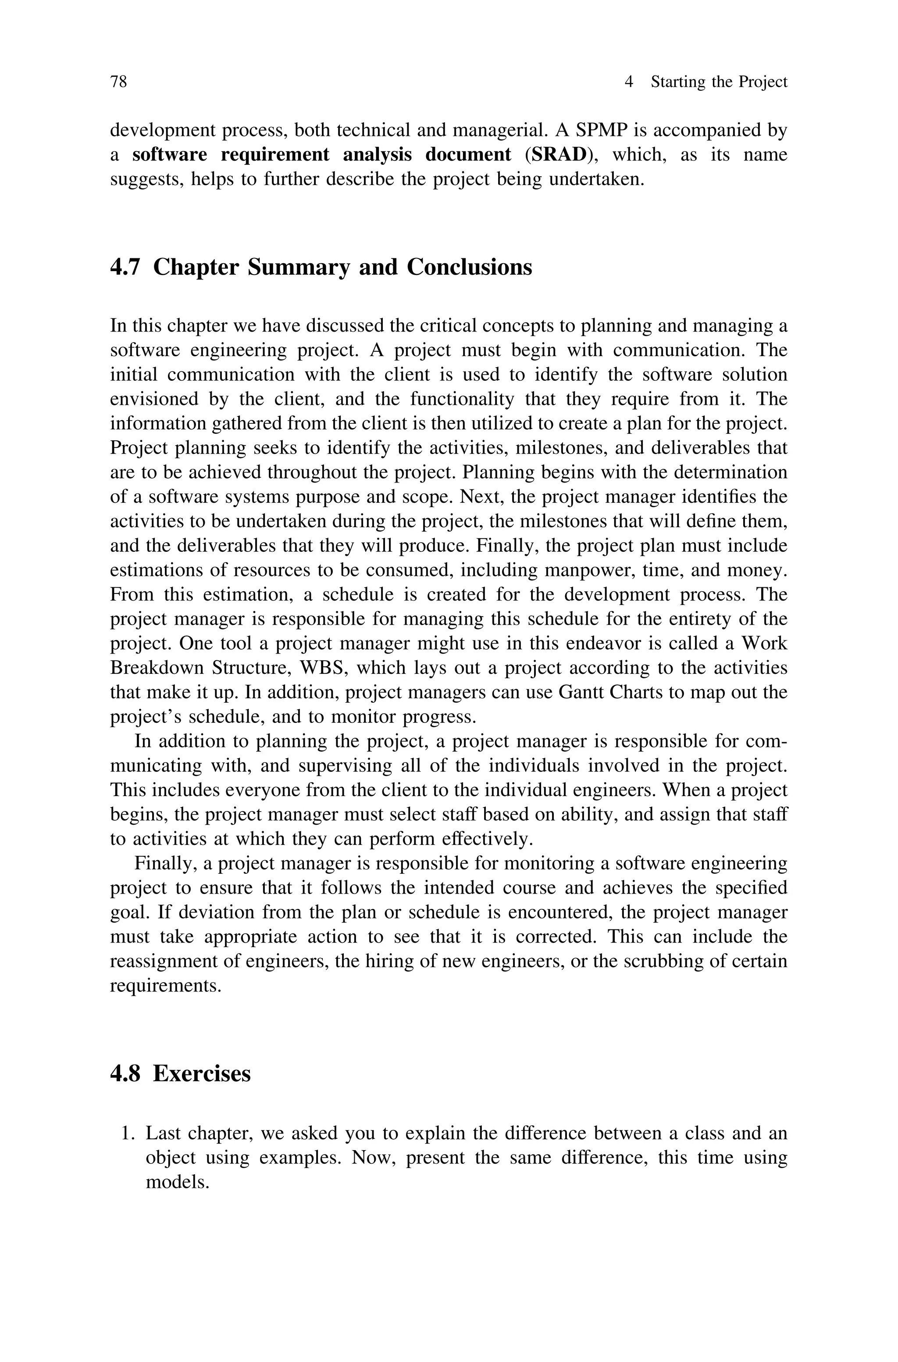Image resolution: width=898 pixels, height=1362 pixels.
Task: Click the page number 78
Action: (118, 82)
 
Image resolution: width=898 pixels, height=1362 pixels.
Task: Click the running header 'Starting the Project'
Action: (719, 82)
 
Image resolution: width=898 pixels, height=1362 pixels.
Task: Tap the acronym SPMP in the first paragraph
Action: (601, 130)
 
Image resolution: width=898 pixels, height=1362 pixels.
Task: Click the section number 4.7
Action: (125, 267)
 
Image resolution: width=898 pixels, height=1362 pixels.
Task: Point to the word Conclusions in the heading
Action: (469, 267)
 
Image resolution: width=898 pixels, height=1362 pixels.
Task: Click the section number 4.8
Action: (125, 1073)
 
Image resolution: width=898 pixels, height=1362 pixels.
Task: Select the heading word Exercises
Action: (202, 1073)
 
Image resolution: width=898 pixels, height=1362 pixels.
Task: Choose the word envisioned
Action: (152, 399)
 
